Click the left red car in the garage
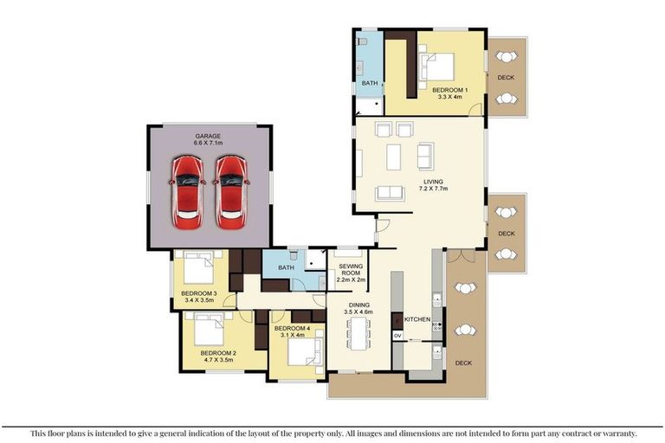[x=187, y=192]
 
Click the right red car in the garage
[x=231, y=192]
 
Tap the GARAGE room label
[x=208, y=136]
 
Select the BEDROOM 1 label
[x=450, y=90]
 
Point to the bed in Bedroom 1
[x=436, y=67]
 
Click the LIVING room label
[x=433, y=182]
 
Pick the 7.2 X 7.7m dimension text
[x=433, y=189]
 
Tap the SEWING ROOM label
[x=351, y=270]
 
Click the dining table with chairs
[x=358, y=334]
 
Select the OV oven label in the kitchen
[x=397, y=336]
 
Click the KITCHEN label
[x=417, y=319]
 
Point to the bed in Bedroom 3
[x=198, y=267]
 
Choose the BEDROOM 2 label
[x=218, y=353]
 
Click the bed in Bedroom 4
[x=305, y=351]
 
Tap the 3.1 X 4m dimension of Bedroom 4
[x=293, y=335]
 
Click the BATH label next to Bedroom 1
[x=370, y=83]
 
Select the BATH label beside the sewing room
[x=286, y=267]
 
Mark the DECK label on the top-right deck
[x=506, y=78]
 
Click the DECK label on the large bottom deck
[x=463, y=363]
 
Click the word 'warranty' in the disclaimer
[x=619, y=433]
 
